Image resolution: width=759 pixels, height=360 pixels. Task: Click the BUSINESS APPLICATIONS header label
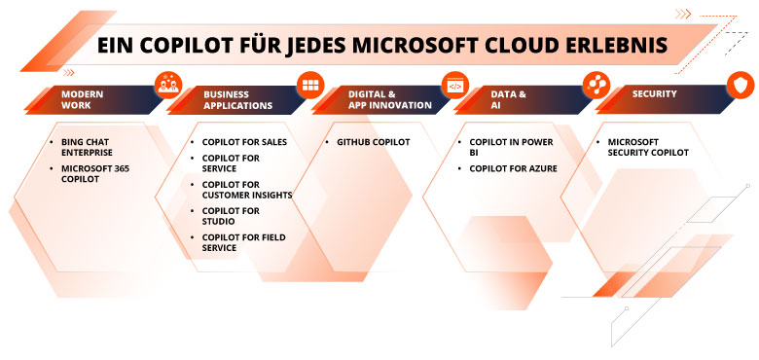tap(237, 99)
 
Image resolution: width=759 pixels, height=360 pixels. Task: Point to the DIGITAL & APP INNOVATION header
tap(389, 99)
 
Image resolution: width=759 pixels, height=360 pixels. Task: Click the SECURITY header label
tap(655, 94)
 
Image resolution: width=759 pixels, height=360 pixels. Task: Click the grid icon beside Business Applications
tap(310, 84)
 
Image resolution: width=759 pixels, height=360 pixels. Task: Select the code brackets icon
tap(454, 86)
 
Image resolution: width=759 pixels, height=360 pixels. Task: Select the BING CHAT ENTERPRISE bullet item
tap(87, 147)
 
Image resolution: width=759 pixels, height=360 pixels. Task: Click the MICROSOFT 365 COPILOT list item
tap(92, 173)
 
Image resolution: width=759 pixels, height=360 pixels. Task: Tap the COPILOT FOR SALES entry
tap(243, 142)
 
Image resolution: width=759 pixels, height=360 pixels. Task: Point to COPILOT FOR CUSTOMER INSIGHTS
tap(246, 189)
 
